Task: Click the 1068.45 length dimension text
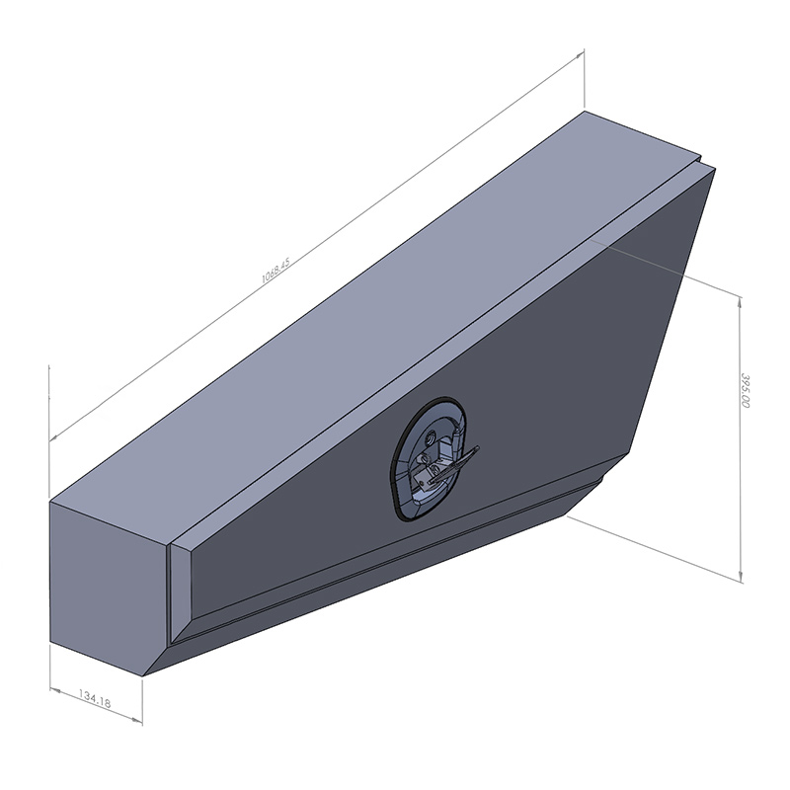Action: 276,271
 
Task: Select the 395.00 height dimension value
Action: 746,390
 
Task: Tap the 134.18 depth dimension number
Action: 95,699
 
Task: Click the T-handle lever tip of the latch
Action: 477,448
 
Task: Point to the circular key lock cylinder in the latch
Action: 431,436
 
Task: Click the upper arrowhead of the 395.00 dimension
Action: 740,301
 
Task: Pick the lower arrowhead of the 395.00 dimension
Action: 741,578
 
